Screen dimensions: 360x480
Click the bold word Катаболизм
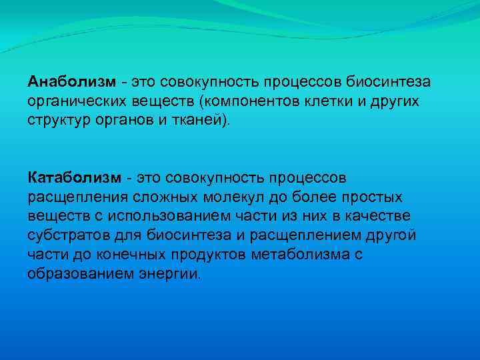[75, 178]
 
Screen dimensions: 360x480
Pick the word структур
[58, 120]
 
